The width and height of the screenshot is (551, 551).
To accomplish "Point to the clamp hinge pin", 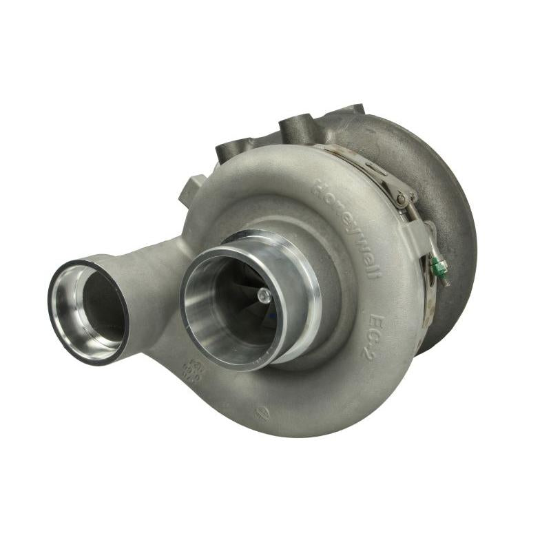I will tap(400, 199).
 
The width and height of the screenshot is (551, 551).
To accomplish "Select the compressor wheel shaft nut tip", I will tap(263, 295).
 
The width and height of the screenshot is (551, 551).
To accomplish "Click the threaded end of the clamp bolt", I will tap(444, 278).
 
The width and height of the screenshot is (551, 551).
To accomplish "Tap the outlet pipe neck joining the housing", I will tap(162, 275).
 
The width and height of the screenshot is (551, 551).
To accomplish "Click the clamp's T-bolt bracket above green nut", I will tap(430, 234).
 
